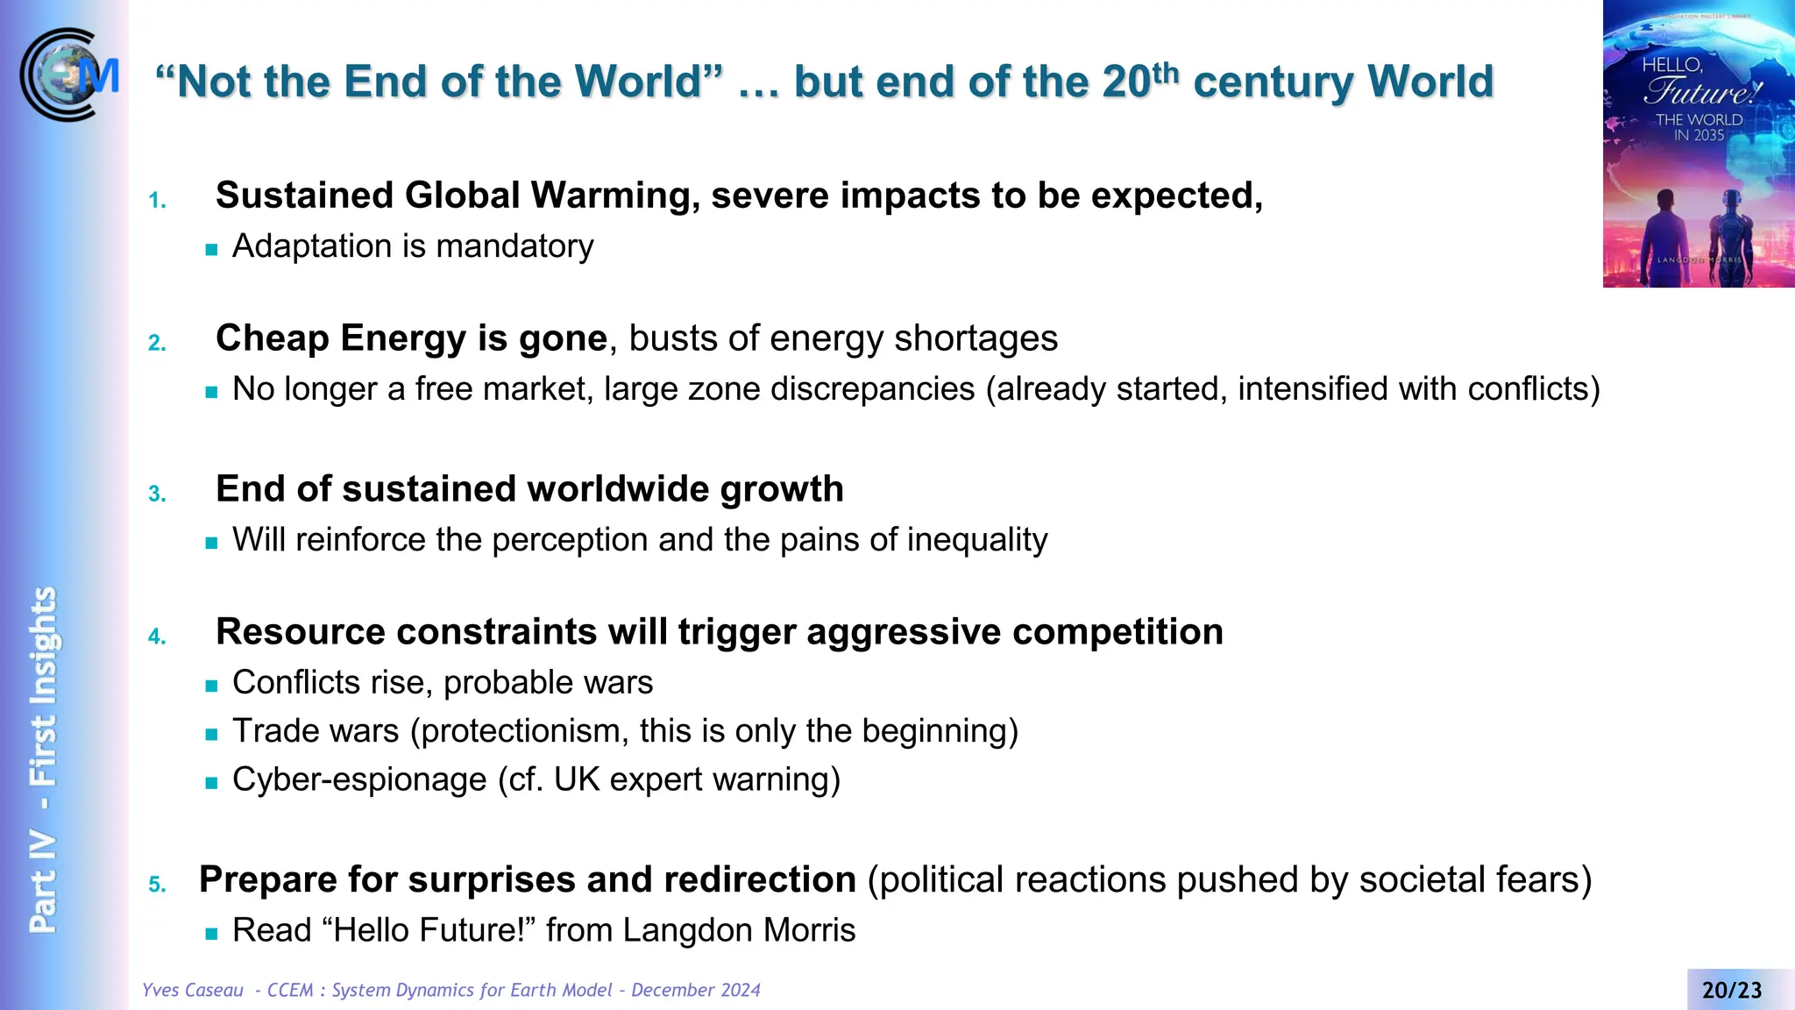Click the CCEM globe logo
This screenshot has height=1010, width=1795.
tap(68, 75)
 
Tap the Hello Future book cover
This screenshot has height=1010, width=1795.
tap(1698, 145)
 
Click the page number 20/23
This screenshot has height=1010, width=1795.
tap(1731, 991)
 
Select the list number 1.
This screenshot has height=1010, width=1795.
tap(157, 201)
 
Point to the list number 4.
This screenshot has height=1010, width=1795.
tap(157, 637)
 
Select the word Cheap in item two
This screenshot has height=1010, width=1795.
tap(272, 338)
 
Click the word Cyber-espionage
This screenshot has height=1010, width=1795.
tap(359, 779)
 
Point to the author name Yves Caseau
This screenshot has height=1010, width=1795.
tap(193, 991)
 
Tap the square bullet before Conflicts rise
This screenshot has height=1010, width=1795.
tap(211, 686)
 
